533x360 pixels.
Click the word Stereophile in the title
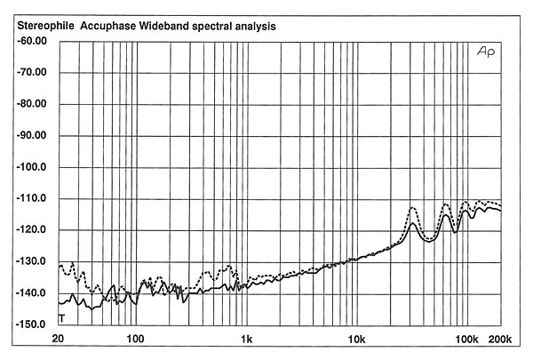44,27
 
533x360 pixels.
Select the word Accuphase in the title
112,27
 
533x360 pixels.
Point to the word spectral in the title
223,27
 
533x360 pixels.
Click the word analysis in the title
273,27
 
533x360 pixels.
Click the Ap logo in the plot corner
487,53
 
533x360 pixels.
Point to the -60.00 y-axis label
31,41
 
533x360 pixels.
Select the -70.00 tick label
31,73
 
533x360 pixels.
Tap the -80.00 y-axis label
31,104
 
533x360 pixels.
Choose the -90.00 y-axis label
31,136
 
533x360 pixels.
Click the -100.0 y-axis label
31,167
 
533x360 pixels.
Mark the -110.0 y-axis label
31,198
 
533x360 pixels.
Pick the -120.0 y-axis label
31,230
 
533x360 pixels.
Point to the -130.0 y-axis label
31,261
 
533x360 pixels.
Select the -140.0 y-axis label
31,293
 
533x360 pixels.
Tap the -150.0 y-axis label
31,324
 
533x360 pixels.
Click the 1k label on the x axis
246,340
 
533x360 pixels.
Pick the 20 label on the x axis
59,340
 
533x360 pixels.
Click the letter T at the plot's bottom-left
61,318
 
